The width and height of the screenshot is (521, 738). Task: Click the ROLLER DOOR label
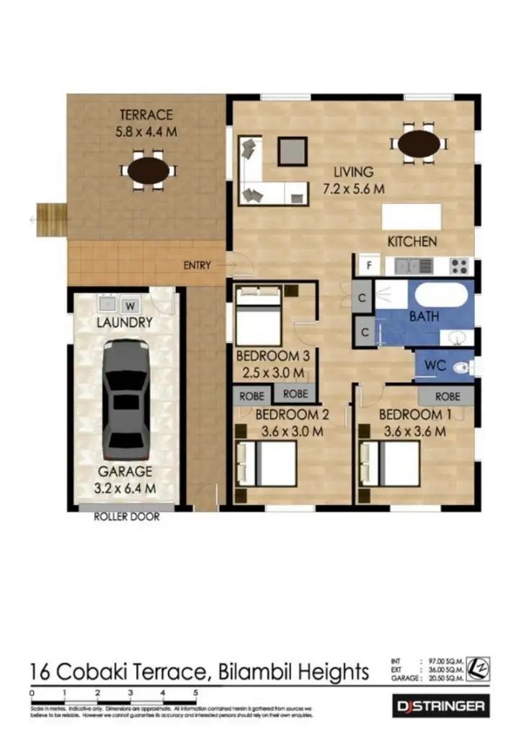pyautogui.click(x=127, y=517)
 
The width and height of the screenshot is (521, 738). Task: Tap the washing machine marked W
pyautogui.click(x=130, y=303)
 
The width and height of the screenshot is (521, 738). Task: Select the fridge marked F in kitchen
pyautogui.click(x=369, y=265)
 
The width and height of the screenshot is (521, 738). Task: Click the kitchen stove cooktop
pyautogui.click(x=459, y=265)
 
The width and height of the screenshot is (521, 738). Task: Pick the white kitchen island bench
pyautogui.click(x=411, y=216)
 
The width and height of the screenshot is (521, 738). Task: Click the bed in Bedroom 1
pyautogui.click(x=393, y=463)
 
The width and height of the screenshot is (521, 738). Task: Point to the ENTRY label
pyautogui.click(x=197, y=265)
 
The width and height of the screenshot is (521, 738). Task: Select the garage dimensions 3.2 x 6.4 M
pyautogui.click(x=127, y=489)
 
